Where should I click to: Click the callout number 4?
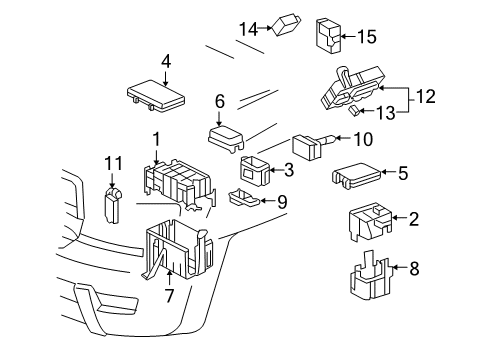pos(166,60)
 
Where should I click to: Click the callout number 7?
pos(169,295)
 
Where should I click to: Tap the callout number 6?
pos(220,100)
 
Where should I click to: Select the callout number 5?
pos(402,173)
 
